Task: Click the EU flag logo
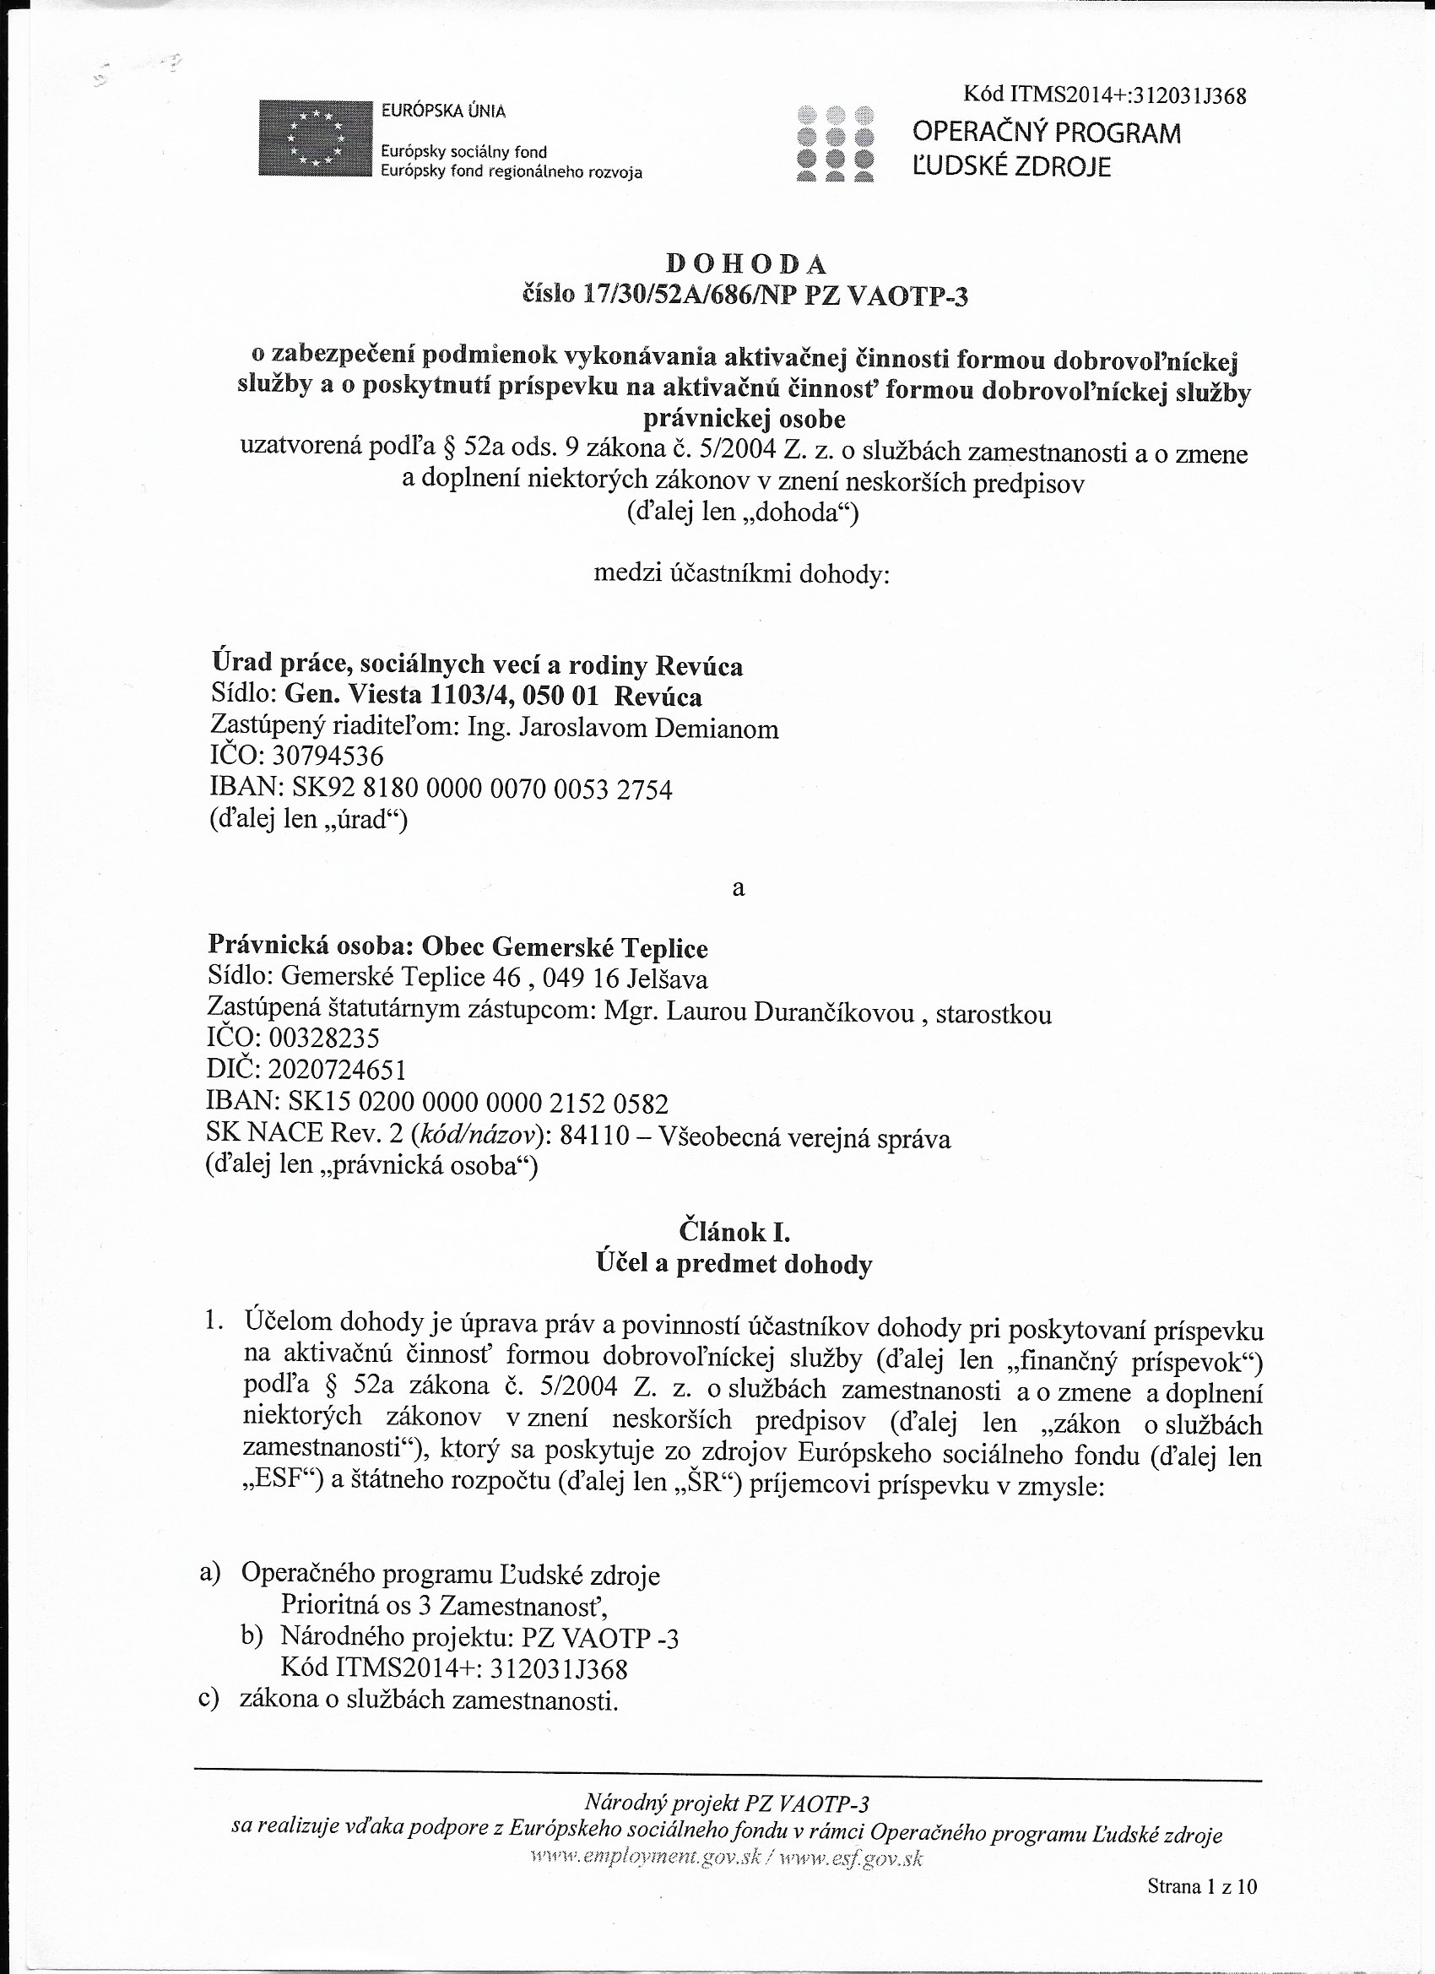(x=315, y=138)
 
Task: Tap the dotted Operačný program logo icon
(x=835, y=143)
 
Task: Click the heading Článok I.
(x=734, y=1232)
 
